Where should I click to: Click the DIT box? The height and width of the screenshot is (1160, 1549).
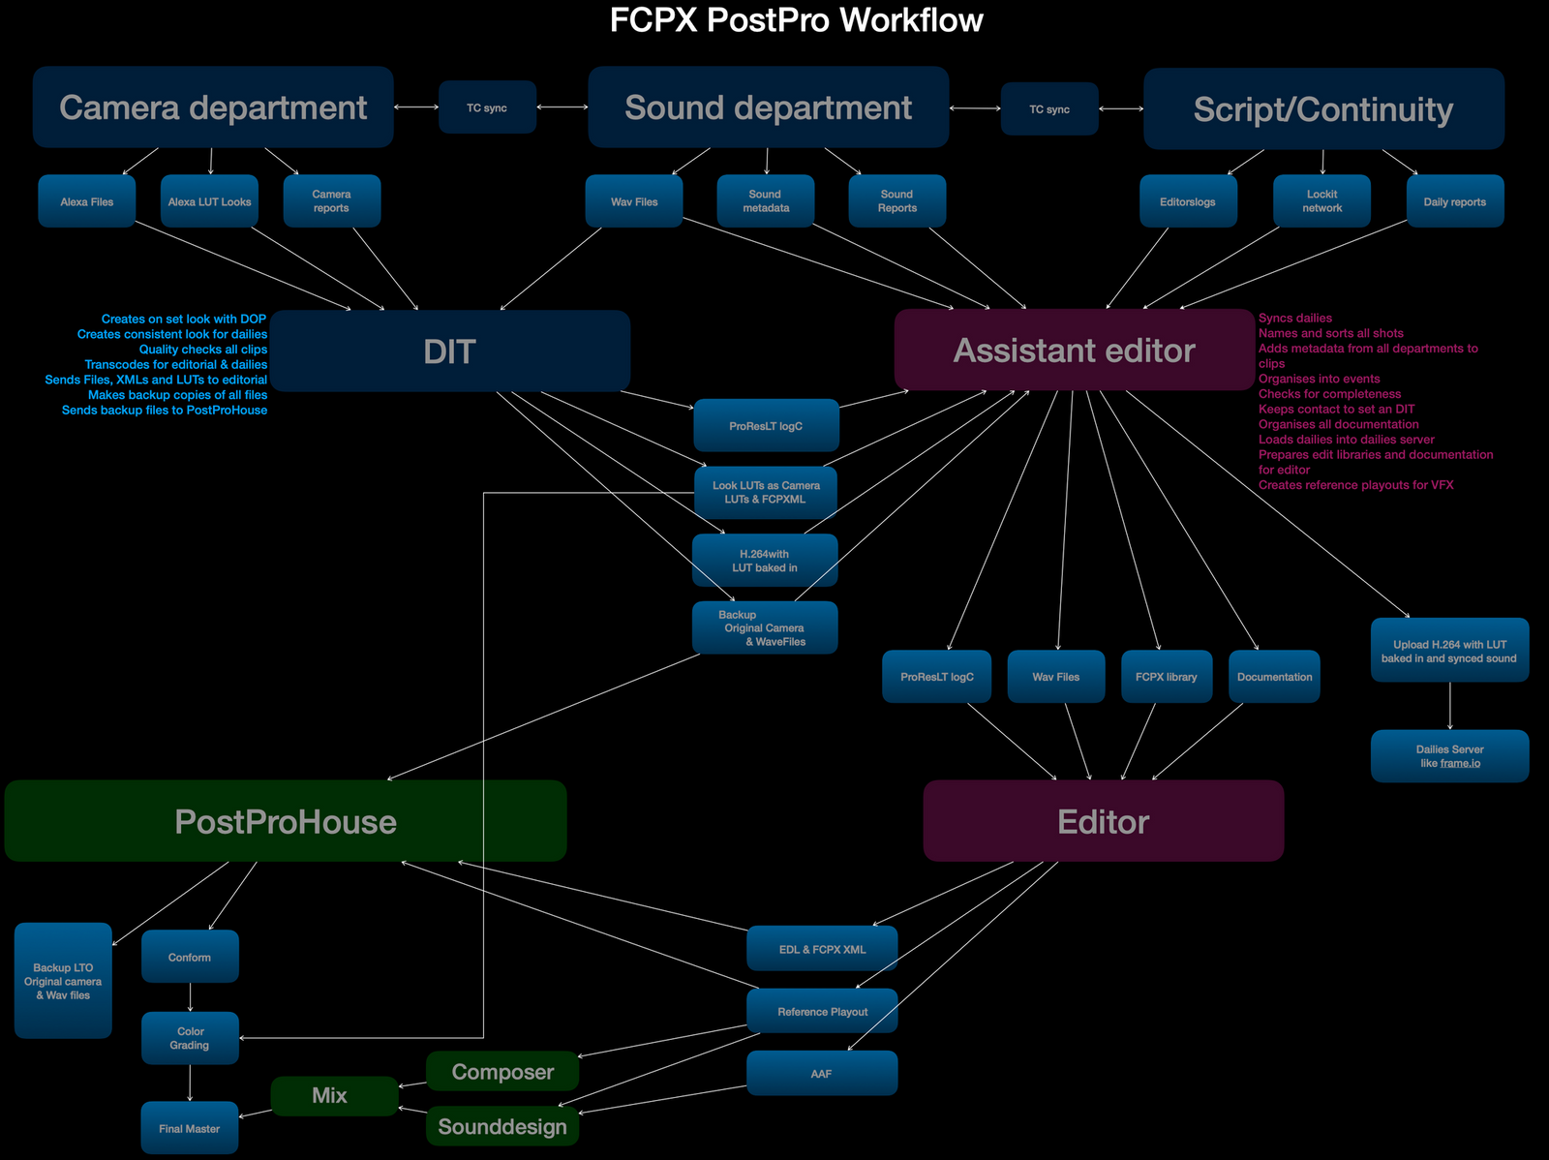coord(450,351)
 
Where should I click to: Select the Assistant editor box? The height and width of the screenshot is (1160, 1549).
coord(1074,350)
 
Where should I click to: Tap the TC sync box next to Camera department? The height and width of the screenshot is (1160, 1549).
coord(487,107)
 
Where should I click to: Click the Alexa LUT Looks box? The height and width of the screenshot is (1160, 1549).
coord(209,201)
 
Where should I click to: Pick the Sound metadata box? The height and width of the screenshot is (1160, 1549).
coord(765,201)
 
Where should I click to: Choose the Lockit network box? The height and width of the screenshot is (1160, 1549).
coord(1321,201)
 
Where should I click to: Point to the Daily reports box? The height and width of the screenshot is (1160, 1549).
coord(1454,201)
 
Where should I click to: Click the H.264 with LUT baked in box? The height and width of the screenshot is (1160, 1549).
coord(764,561)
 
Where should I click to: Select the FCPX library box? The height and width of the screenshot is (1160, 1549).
coord(1166,677)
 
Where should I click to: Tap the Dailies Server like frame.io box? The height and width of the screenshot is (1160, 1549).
coord(1449,756)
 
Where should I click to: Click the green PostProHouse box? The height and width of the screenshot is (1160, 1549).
coord(286,821)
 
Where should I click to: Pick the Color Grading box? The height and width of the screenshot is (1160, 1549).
coord(190,1038)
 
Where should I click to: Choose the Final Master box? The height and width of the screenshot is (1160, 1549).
coord(190,1128)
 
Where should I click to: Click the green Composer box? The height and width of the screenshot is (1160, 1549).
coord(502,1072)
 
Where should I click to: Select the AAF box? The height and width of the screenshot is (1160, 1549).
coord(821,1073)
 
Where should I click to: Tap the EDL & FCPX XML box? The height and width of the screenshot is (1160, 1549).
coord(822,949)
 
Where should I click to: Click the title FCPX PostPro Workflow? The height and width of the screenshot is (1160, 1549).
coord(796,20)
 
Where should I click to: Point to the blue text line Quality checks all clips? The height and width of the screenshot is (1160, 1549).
coord(202,350)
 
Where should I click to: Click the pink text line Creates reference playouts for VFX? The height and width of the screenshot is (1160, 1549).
coord(1355,485)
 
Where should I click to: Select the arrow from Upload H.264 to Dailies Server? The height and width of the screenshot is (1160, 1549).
coord(1449,706)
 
